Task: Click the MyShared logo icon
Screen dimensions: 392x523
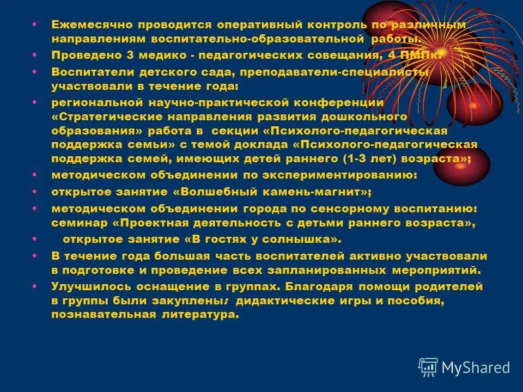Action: (x=428, y=366)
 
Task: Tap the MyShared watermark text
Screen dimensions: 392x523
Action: (x=476, y=367)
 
